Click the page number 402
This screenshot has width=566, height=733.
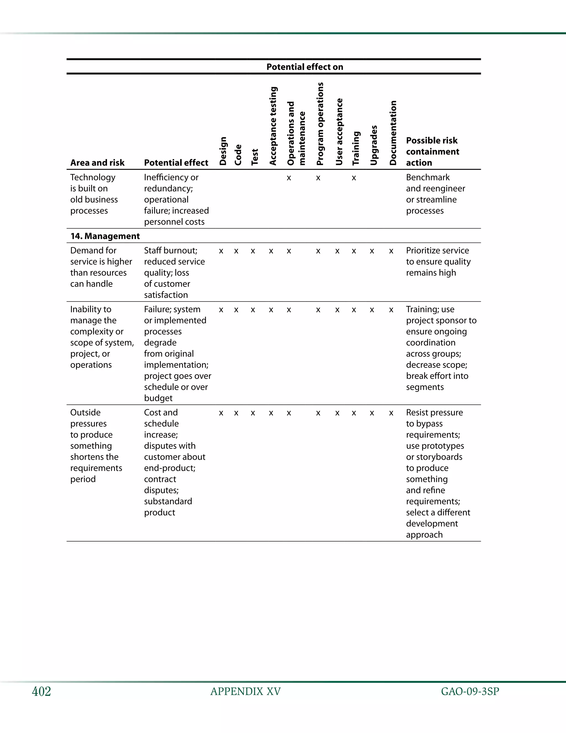pos(41,692)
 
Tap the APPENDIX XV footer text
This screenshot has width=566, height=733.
pos(245,692)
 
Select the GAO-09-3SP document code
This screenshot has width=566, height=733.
pos(470,692)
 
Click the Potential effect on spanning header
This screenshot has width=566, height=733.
pos(305,67)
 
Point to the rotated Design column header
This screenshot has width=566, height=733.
pos(223,151)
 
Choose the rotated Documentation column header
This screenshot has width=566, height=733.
pos(393,133)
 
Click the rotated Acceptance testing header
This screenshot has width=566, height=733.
pos(273,126)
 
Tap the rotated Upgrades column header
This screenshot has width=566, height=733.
pos(374,145)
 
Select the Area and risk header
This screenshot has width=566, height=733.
pos(97,163)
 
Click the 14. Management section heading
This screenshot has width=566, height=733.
pos(105,236)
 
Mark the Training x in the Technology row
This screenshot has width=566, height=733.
pos(354,178)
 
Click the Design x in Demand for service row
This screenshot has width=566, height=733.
pos(221,251)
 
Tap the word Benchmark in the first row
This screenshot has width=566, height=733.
pos(428,177)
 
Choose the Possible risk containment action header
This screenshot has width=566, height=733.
pos(432,151)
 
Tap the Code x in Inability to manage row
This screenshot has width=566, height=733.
pos(236,310)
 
